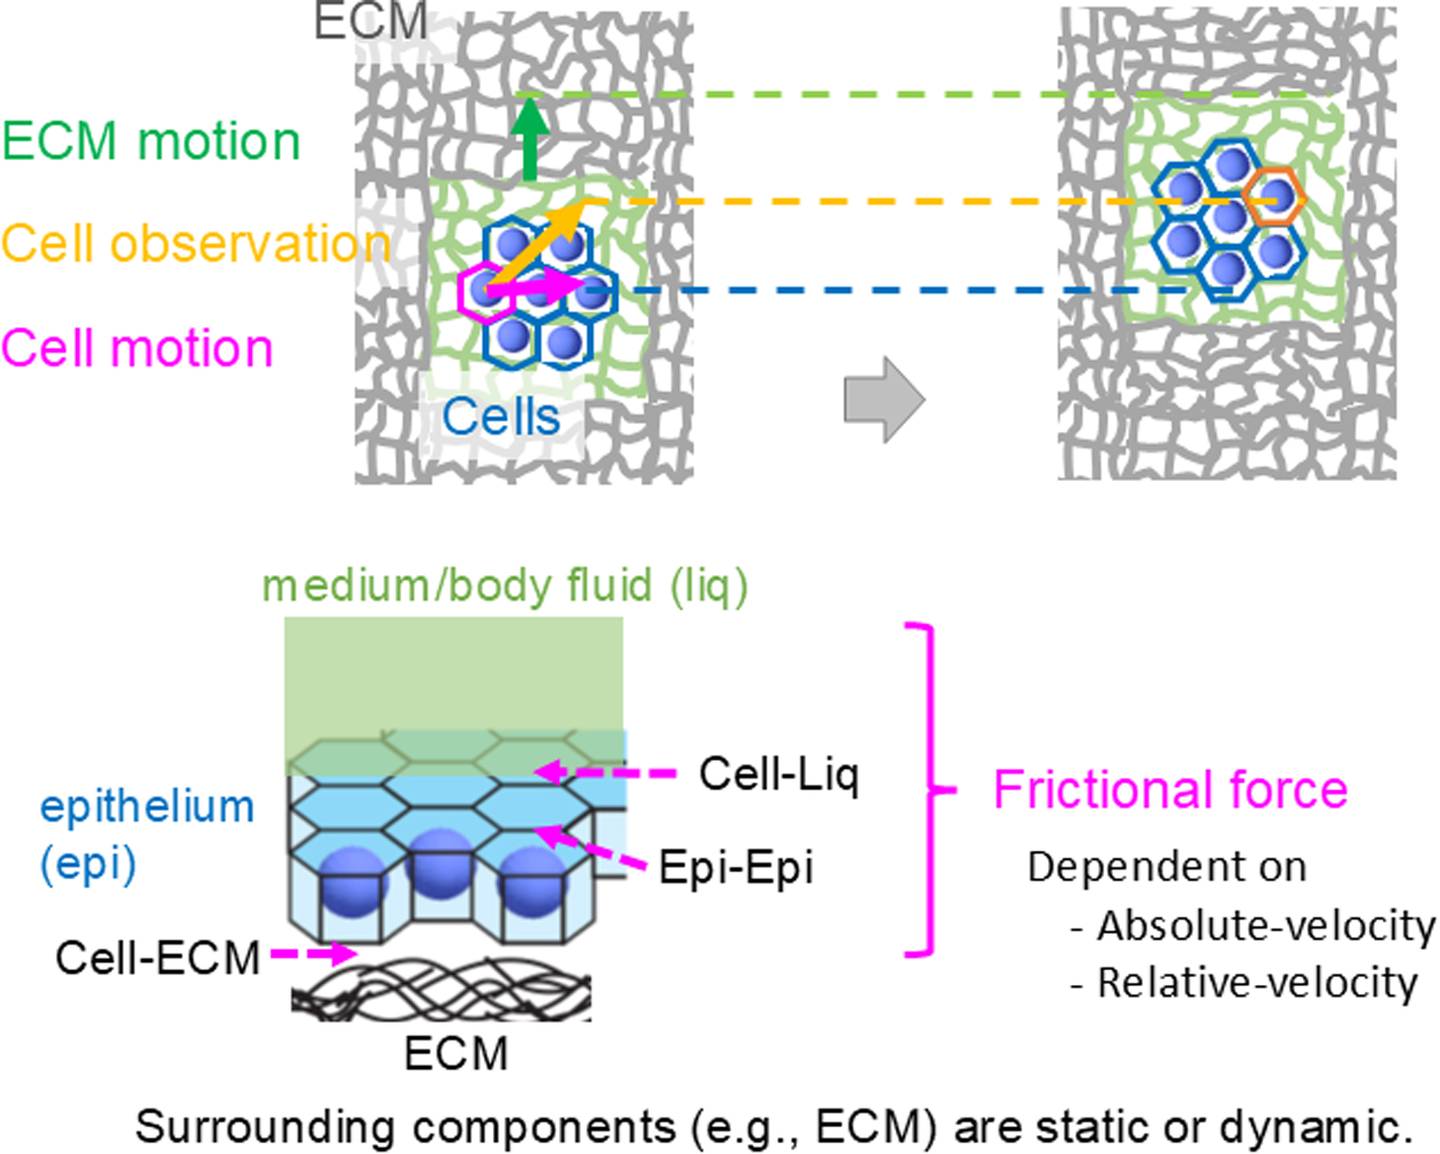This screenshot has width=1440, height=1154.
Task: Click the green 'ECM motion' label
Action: tap(151, 141)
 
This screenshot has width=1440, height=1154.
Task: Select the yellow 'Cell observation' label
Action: tap(195, 244)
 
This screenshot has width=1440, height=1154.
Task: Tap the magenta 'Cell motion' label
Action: tap(137, 349)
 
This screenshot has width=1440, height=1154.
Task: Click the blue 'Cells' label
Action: tap(501, 417)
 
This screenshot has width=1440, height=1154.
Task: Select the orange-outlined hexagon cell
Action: tap(1275, 198)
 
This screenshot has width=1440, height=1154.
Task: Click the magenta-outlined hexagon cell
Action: tap(484, 291)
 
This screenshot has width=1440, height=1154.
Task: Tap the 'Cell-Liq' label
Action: tap(779, 775)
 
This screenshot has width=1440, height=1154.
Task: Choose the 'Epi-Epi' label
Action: tap(736, 867)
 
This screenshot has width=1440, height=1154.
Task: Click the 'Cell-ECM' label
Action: tap(158, 957)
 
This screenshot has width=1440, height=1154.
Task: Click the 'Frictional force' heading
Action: tap(1170, 790)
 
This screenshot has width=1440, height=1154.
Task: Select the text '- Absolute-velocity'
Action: tap(1252, 927)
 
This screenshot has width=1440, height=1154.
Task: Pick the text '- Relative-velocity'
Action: tap(1243, 983)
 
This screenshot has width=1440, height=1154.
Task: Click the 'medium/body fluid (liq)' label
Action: tap(505, 586)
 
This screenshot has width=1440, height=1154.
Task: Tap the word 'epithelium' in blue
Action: tap(147, 806)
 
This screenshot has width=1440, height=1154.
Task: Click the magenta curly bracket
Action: tap(928, 790)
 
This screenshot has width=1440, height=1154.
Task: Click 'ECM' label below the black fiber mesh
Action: tap(456, 1053)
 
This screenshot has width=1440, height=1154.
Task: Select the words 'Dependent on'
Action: tap(1166, 866)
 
